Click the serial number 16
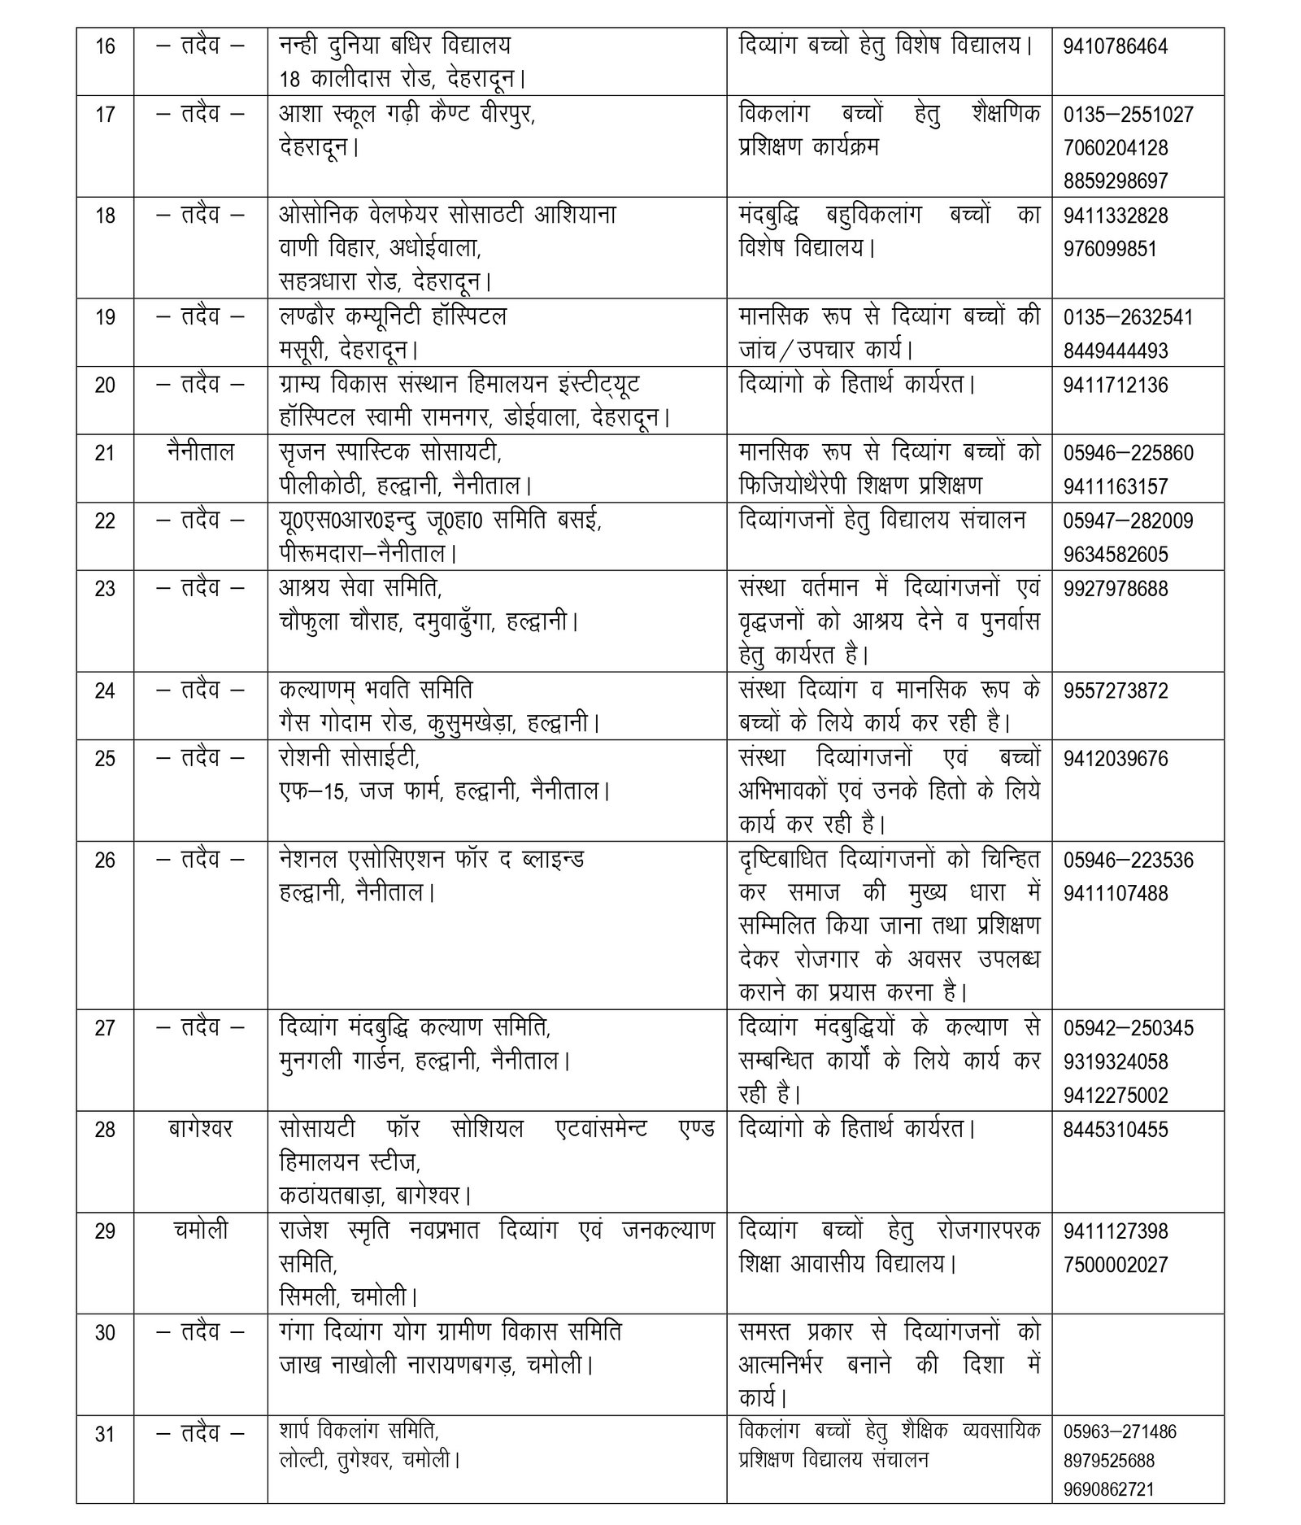point(105,46)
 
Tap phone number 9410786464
point(1115,46)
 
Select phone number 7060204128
point(1116,148)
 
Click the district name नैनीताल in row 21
point(200,451)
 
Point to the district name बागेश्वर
point(200,1129)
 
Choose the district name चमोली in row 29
point(200,1231)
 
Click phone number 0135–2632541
point(1128,316)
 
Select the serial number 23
point(105,588)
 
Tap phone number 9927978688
point(1116,588)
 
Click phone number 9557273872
point(1116,691)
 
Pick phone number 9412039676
point(1116,759)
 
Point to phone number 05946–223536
point(1128,860)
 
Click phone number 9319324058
point(1116,1061)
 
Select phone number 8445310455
point(1116,1129)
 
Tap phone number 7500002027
point(1116,1265)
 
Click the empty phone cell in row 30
point(1138,1366)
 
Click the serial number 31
point(105,1435)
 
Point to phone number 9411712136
point(1116,385)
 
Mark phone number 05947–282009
point(1128,520)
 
